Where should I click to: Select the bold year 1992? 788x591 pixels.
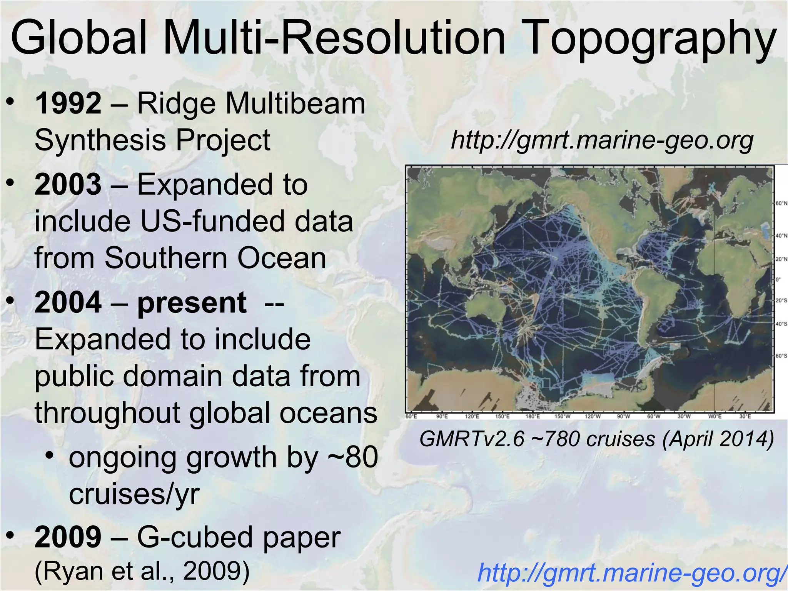[68, 104]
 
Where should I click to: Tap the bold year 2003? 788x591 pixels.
[68, 184]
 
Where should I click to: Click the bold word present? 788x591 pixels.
[192, 302]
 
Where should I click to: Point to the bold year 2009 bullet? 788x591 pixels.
[68, 537]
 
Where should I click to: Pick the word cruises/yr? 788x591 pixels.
[134, 494]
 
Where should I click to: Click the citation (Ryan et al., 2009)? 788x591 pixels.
[142, 571]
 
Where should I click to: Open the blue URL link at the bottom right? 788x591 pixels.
[631, 573]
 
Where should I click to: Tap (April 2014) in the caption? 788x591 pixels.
[718, 439]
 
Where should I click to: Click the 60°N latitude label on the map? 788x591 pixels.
[781, 203]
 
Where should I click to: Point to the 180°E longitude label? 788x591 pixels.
[533, 417]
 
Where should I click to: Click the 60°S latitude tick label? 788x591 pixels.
[781, 356]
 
